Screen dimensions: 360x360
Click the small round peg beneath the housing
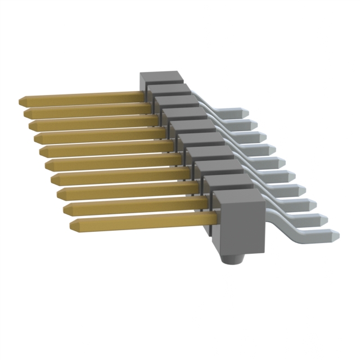232,258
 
